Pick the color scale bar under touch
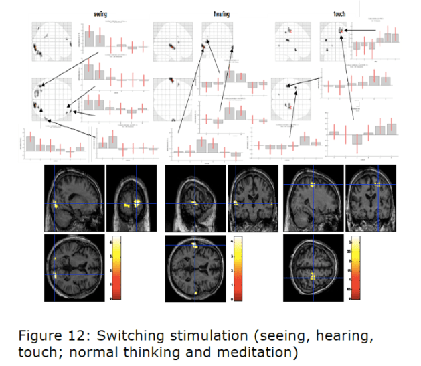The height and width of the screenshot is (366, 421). click(355, 267)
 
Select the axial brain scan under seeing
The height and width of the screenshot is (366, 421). click(74, 266)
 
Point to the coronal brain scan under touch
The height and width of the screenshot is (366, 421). click(371, 197)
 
